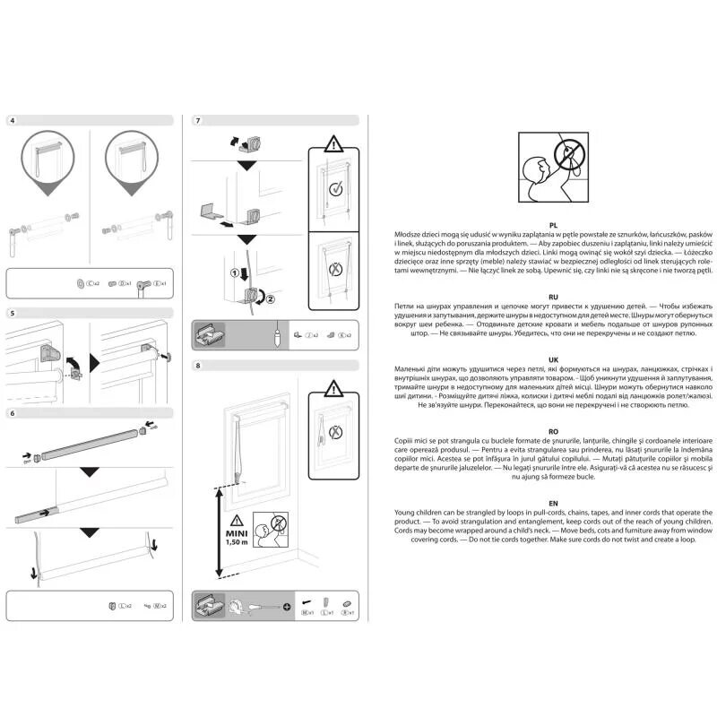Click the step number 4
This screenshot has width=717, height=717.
(x=11, y=120)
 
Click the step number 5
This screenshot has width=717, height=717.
(x=11, y=314)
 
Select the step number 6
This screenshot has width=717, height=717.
(x=11, y=412)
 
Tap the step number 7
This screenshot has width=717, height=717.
(x=198, y=120)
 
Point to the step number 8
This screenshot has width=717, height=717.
(x=198, y=366)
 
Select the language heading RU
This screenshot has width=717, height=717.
(x=555, y=295)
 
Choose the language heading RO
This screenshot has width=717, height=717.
(x=555, y=430)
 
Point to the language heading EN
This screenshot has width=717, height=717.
(x=555, y=504)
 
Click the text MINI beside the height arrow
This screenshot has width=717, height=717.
(x=236, y=531)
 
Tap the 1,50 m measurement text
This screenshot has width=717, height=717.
(x=236, y=543)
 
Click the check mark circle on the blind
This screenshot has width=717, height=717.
(x=334, y=189)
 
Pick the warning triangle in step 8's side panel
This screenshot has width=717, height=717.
(x=334, y=388)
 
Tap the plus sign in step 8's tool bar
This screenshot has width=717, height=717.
(x=287, y=607)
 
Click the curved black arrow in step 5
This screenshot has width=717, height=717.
(x=74, y=363)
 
